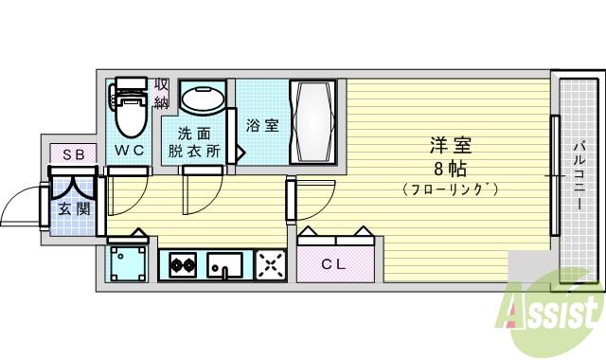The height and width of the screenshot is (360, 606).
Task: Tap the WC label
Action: pyautogui.click(x=130, y=151)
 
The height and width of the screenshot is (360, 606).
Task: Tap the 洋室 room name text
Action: pyautogui.click(x=451, y=147)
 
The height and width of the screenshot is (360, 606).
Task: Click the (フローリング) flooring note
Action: pyautogui.click(x=451, y=189)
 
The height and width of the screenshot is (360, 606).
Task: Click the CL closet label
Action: pyautogui.click(x=332, y=264)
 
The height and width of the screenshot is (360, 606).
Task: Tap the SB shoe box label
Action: pyautogui.click(x=72, y=154)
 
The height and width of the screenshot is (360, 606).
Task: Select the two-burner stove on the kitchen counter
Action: pyautogui.click(x=182, y=266)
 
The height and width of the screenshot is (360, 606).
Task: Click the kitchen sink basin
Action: pyautogui.click(x=225, y=264)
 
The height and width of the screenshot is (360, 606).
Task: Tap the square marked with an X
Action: pyautogui.click(x=271, y=265)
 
